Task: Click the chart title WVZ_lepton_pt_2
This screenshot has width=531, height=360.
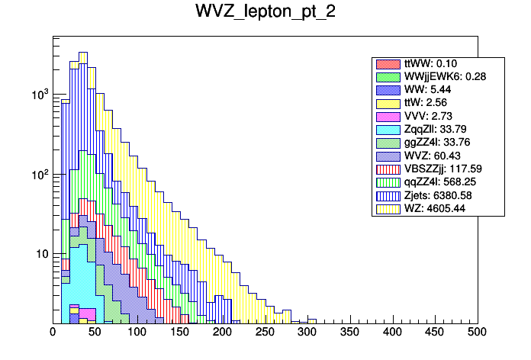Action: (x=265, y=13)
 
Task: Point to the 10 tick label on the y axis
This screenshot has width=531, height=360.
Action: (x=41, y=254)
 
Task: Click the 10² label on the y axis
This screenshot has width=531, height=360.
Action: (x=40, y=174)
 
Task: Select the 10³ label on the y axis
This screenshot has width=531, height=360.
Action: (x=40, y=94)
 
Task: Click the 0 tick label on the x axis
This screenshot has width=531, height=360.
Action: (x=53, y=333)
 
